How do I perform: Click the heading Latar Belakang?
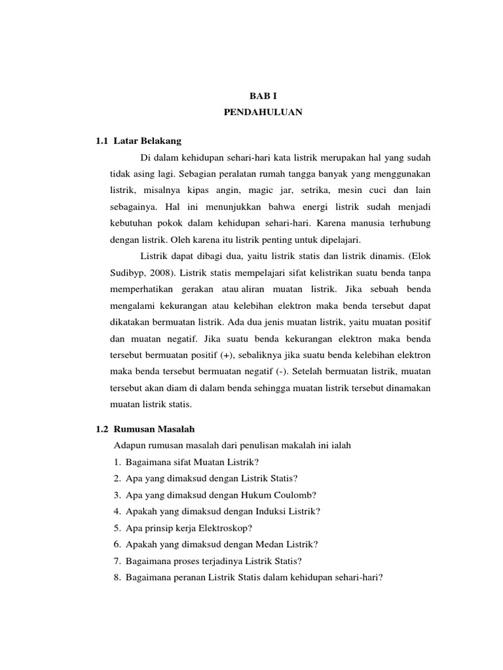[x=147, y=141]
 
